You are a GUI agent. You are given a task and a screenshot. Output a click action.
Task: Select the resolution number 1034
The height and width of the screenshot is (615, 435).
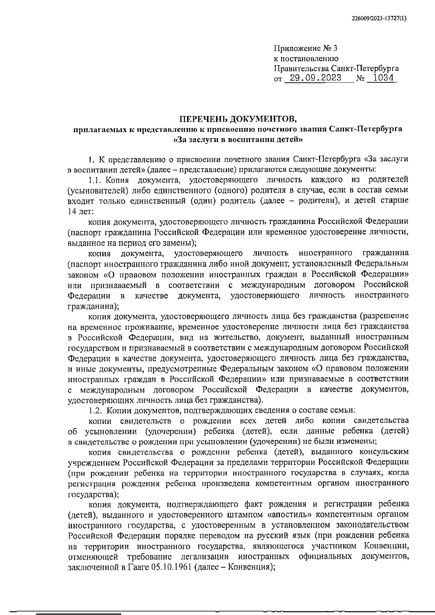click(383, 78)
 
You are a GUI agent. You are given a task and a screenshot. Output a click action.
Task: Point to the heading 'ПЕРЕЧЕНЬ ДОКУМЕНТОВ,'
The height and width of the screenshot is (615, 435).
click(238, 119)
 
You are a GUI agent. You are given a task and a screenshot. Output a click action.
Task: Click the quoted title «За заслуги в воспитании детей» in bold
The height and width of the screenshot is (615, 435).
click(238, 139)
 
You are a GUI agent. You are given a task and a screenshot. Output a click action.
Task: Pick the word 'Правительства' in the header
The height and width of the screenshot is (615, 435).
click(301, 68)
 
